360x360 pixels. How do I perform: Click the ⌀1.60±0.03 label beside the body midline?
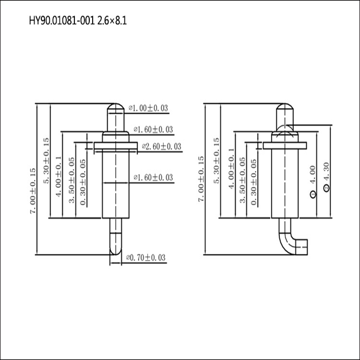coord(153,178)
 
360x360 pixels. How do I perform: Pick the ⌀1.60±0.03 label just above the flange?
coord(153,129)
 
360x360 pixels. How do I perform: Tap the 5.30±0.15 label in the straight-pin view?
coord(46,161)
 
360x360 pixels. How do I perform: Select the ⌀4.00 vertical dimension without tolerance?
coord(313,180)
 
